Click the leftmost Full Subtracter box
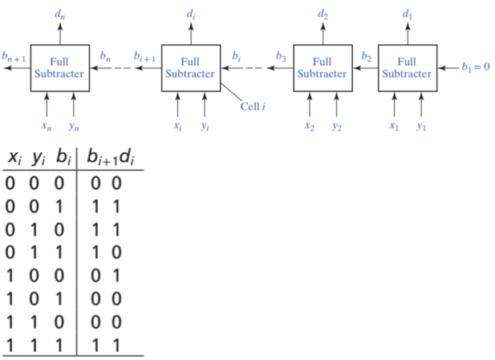59,68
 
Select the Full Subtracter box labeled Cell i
191,68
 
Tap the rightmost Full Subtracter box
407,68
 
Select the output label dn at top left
59,14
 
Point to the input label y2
338,126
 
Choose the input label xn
47,126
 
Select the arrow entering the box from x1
393,105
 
